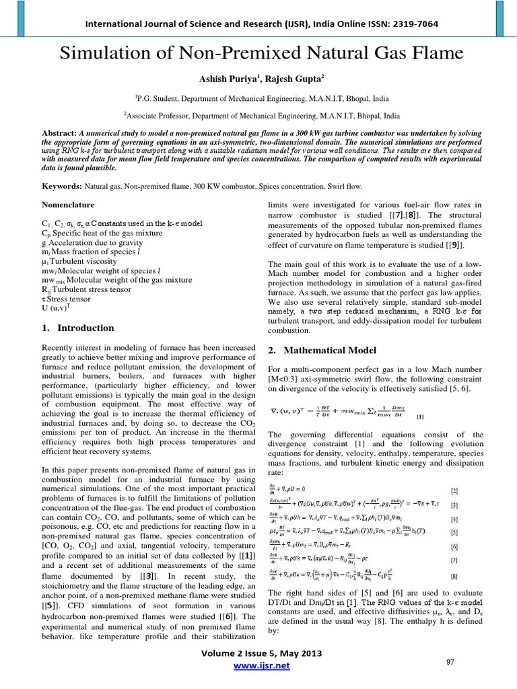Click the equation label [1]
[x=420, y=417]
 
